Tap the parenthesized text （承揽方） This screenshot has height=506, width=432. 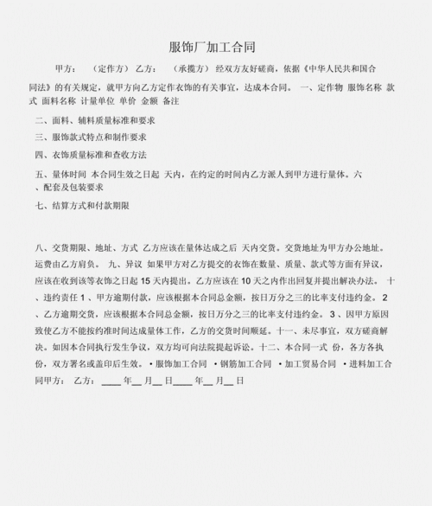click(189, 68)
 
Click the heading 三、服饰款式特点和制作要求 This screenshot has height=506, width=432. click(91, 138)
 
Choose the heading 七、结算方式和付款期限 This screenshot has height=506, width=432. click(83, 206)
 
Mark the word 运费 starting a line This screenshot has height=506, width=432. click(44, 265)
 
